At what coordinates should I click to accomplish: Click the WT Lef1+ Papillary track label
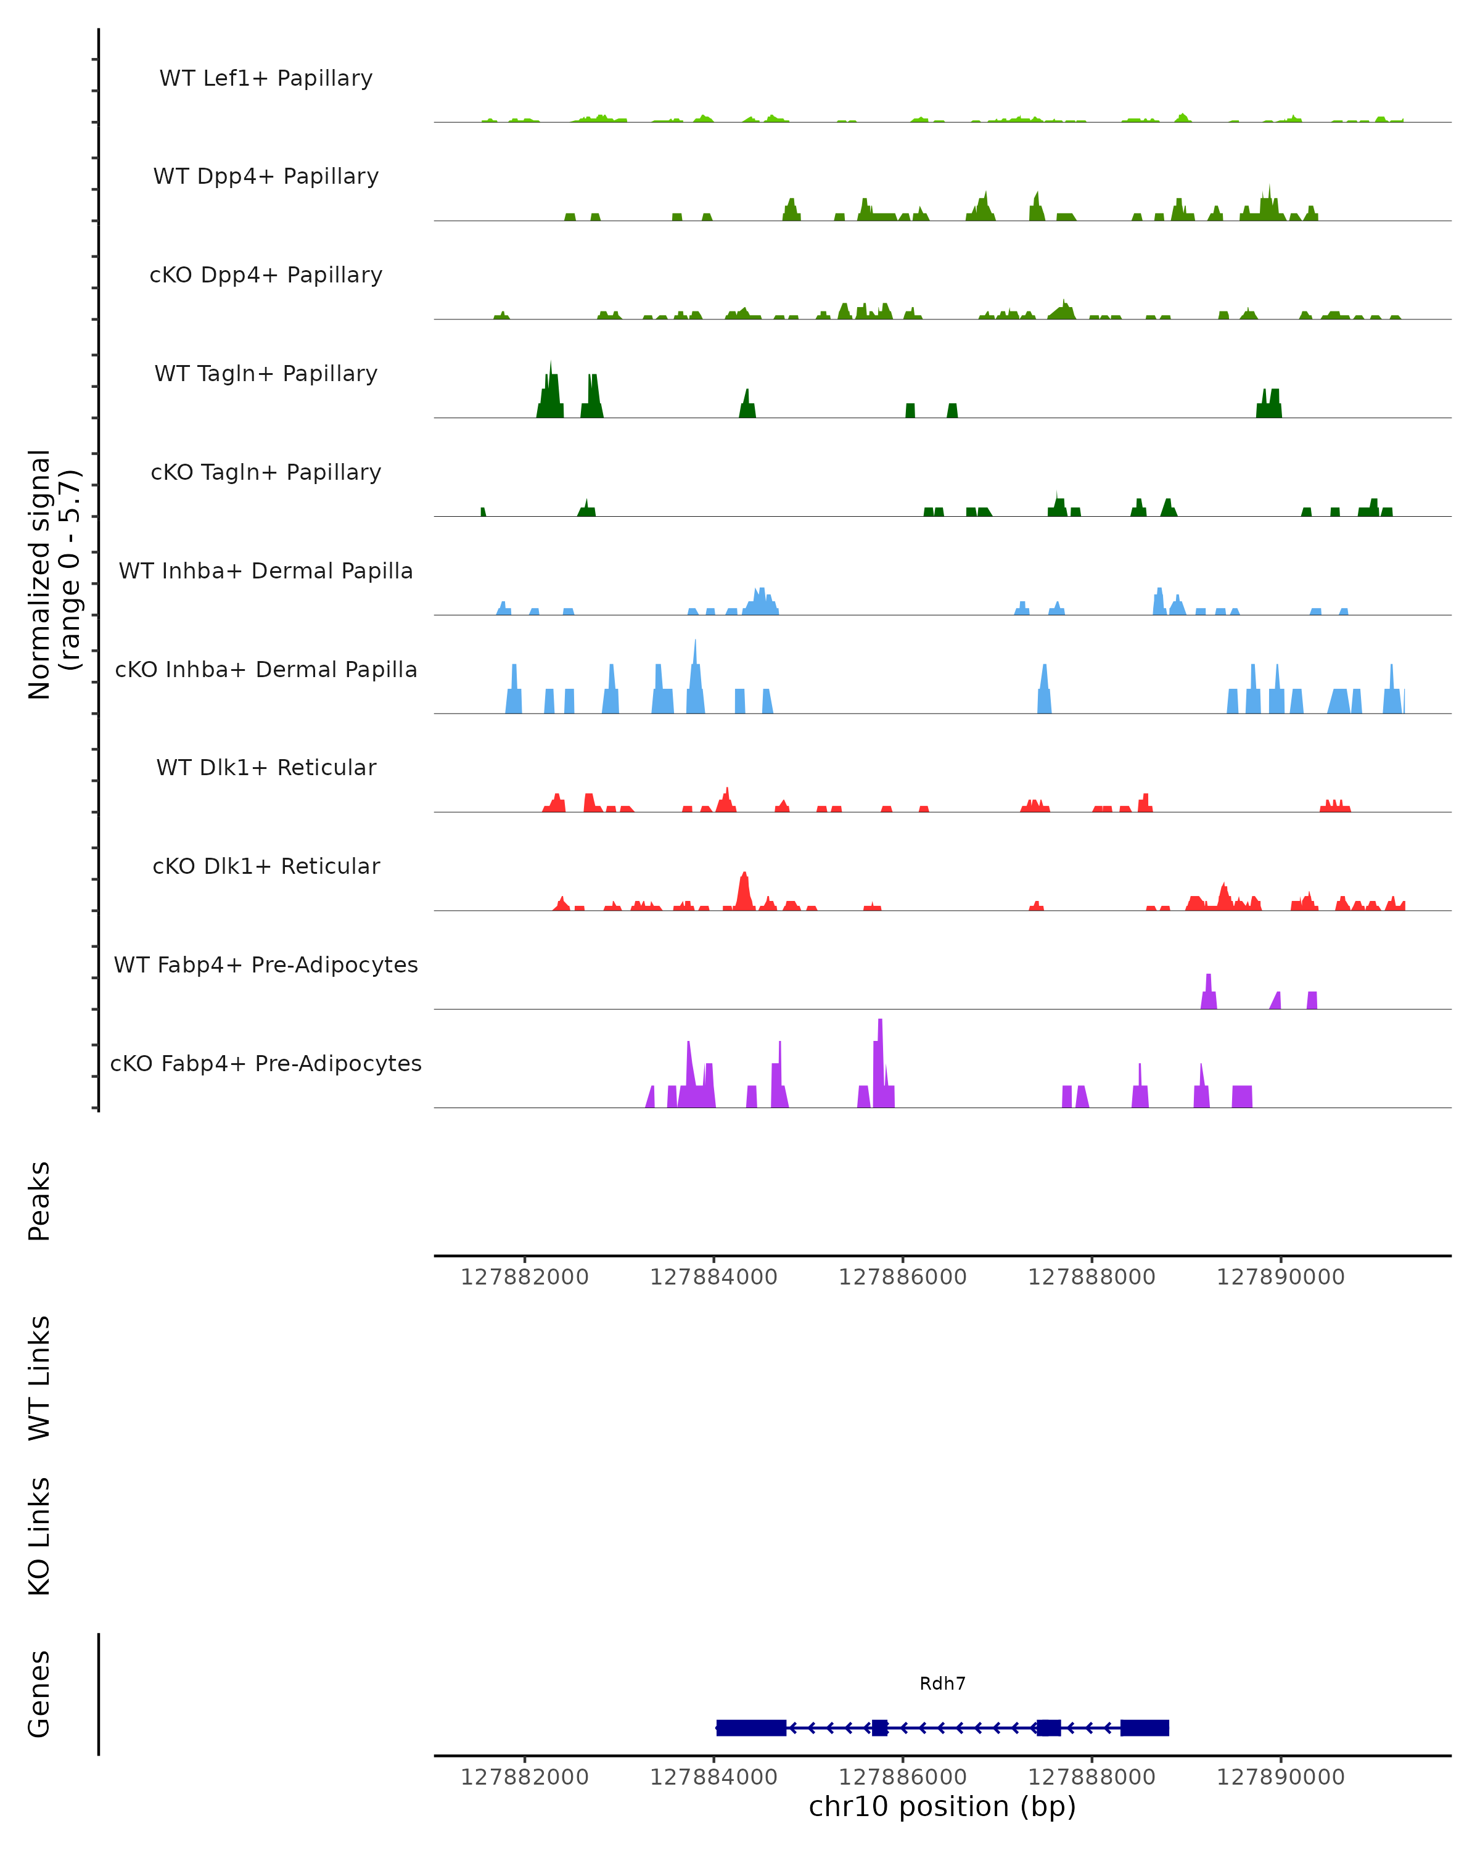tap(266, 78)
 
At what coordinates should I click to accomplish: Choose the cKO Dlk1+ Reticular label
tap(266, 866)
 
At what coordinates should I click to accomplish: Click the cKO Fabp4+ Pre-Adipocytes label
tap(266, 1063)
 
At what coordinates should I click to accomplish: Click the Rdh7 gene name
tap(942, 1683)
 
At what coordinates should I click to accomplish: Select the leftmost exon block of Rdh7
tap(750, 1727)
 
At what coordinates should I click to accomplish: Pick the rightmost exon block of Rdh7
tap(1145, 1727)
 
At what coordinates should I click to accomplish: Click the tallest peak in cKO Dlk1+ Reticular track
tap(744, 888)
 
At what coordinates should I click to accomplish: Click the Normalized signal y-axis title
tap(53, 574)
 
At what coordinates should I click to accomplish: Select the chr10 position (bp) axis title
tap(942, 1806)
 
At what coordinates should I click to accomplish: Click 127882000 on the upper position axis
tap(524, 1277)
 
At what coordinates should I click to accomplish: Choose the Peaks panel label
tap(39, 1201)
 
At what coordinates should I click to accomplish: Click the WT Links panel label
tap(39, 1377)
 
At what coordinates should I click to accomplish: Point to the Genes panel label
tap(39, 1694)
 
